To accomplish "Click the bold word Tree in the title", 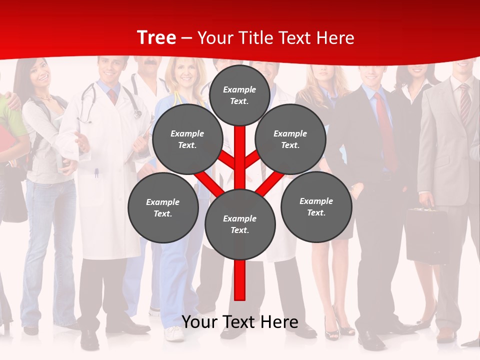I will pos(156,37).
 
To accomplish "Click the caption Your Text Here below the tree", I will pos(240,322).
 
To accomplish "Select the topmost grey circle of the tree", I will pos(239,95).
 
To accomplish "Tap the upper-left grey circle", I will pos(187,139).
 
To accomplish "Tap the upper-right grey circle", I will pos(290,139).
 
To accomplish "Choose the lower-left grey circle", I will pos(162,207).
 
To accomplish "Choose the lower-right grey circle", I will pos(316,206).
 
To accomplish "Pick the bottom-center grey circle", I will pos(239,224).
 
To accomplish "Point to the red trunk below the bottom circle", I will pos(240,280).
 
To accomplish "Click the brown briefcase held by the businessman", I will pos(426,235).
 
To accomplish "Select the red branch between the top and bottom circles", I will pos(240,157).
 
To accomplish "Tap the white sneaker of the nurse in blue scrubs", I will pos(174,333).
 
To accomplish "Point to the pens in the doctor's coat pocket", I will pos(96,173).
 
